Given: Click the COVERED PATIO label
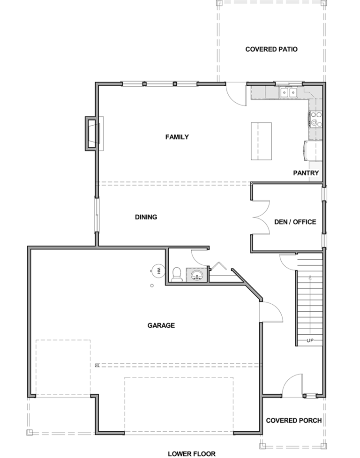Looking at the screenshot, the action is coord(271,49).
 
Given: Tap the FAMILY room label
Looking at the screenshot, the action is coord(177,137).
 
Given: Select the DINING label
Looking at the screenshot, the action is coord(146,217).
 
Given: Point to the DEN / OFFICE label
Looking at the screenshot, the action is coord(295,222).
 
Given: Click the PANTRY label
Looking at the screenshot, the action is coord(306,173).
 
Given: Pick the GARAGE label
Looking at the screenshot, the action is coord(161,325).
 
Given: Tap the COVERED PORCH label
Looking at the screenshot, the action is coord(294,420).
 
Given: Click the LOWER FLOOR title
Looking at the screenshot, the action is coord(192,454).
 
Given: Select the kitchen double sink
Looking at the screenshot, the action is coord(288,92).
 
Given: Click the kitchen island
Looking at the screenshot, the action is coord(261,141).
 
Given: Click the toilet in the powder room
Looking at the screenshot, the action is coord(177,275).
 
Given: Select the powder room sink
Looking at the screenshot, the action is coord(196,275).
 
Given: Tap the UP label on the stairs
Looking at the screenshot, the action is coord(310,341).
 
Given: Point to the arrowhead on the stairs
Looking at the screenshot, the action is coord(310,278).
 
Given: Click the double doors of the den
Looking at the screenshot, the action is coord(262,218).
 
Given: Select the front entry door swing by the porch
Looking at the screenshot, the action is coord(292,385).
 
